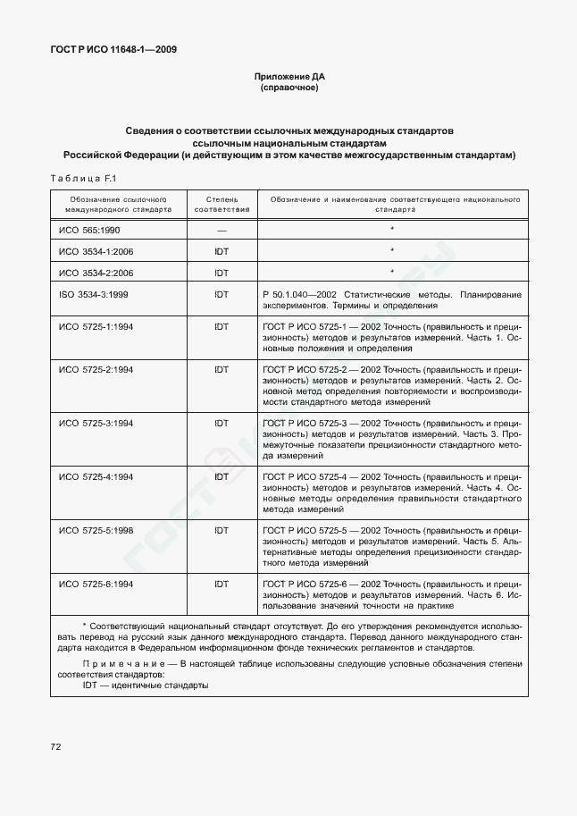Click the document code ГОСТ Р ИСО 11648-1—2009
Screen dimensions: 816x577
113,50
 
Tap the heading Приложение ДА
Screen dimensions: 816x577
288,78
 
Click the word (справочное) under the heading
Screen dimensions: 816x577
288,89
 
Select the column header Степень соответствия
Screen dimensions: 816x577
222,205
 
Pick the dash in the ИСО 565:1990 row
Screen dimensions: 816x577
222,231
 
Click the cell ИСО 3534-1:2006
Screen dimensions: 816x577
96,252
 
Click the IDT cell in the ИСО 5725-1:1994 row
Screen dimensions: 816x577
222,326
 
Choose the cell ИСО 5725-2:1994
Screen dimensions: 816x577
96,369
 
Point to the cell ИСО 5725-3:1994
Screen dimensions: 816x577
96,423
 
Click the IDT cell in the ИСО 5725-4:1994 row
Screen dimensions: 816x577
222,476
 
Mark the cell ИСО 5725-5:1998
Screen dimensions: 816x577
96,530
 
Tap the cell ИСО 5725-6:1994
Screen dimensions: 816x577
96,584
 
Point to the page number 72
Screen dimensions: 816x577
55,744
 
